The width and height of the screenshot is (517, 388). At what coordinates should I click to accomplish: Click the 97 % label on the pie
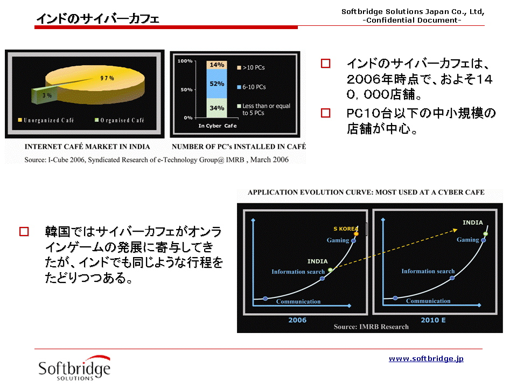(107, 78)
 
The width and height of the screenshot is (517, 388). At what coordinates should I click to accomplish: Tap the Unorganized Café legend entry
(46, 120)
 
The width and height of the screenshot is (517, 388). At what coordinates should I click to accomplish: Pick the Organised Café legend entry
(120, 120)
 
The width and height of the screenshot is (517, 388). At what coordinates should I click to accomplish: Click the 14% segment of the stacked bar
(216, 65)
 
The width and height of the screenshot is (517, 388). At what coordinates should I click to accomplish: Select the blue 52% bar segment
(216, 84)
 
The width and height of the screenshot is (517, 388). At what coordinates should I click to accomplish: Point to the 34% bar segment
(216, 108)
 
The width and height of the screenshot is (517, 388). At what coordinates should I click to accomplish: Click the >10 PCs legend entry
(251, 68)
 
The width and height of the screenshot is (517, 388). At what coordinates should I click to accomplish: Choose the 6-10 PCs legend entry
(251, 87)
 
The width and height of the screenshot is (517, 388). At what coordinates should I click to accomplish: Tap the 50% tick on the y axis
(187, 90)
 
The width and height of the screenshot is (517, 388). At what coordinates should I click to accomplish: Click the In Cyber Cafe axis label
(218, 126)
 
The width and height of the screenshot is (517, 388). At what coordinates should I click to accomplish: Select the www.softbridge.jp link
(426, 359)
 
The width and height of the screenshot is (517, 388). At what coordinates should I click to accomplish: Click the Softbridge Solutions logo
(74, 368)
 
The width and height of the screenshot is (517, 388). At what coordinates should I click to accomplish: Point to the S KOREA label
(346, 228)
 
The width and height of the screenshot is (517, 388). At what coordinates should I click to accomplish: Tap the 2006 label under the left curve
(297, 320)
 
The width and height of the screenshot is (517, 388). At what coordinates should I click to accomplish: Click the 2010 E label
(433, 320)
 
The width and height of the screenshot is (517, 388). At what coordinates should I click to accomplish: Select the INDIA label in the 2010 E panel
(473, 223)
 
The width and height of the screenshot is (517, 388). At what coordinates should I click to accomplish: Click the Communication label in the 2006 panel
(298, 302)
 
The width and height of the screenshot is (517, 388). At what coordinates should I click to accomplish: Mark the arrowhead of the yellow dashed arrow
(456, 230)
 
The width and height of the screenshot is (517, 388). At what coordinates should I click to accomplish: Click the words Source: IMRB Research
(371, 327)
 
